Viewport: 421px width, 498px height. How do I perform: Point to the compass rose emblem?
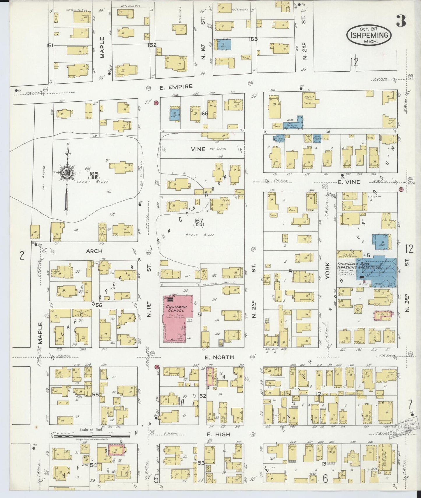[x=67, y=173]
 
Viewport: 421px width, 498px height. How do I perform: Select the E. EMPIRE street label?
[x=176, y=86]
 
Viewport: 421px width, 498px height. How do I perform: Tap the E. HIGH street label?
[x=218, y=435]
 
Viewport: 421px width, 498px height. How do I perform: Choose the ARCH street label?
[x=94, y=251]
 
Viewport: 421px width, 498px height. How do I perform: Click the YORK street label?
[x=327, y=271]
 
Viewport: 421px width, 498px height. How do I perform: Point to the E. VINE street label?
[x=349, y=182]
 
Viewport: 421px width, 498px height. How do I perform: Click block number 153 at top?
[x=253, y=39]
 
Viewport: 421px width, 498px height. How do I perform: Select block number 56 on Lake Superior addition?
[x=99, y=305]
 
